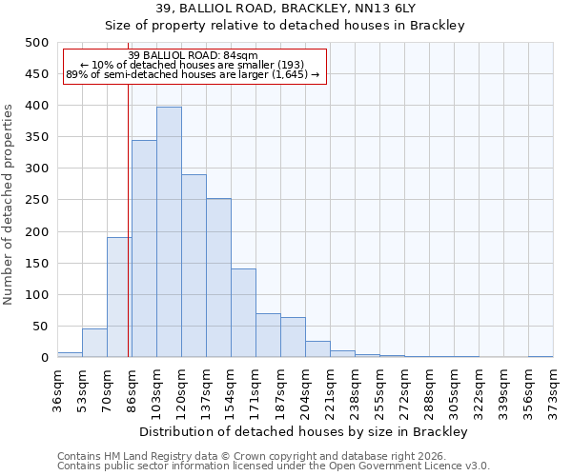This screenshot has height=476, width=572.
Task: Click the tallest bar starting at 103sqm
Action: click(x=169, y=232)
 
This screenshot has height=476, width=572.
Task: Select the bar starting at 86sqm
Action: click(x=144, y=249)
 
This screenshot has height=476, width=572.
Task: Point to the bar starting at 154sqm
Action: click(x=243, y=313)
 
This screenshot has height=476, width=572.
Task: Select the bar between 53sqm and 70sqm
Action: click(x=94, y=344)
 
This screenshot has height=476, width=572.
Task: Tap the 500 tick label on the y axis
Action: click(x=37, y=43)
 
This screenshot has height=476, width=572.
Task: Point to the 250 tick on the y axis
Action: click(x=37, y=201)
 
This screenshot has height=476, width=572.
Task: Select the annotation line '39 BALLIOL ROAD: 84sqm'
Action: click(x=193, y=55)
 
